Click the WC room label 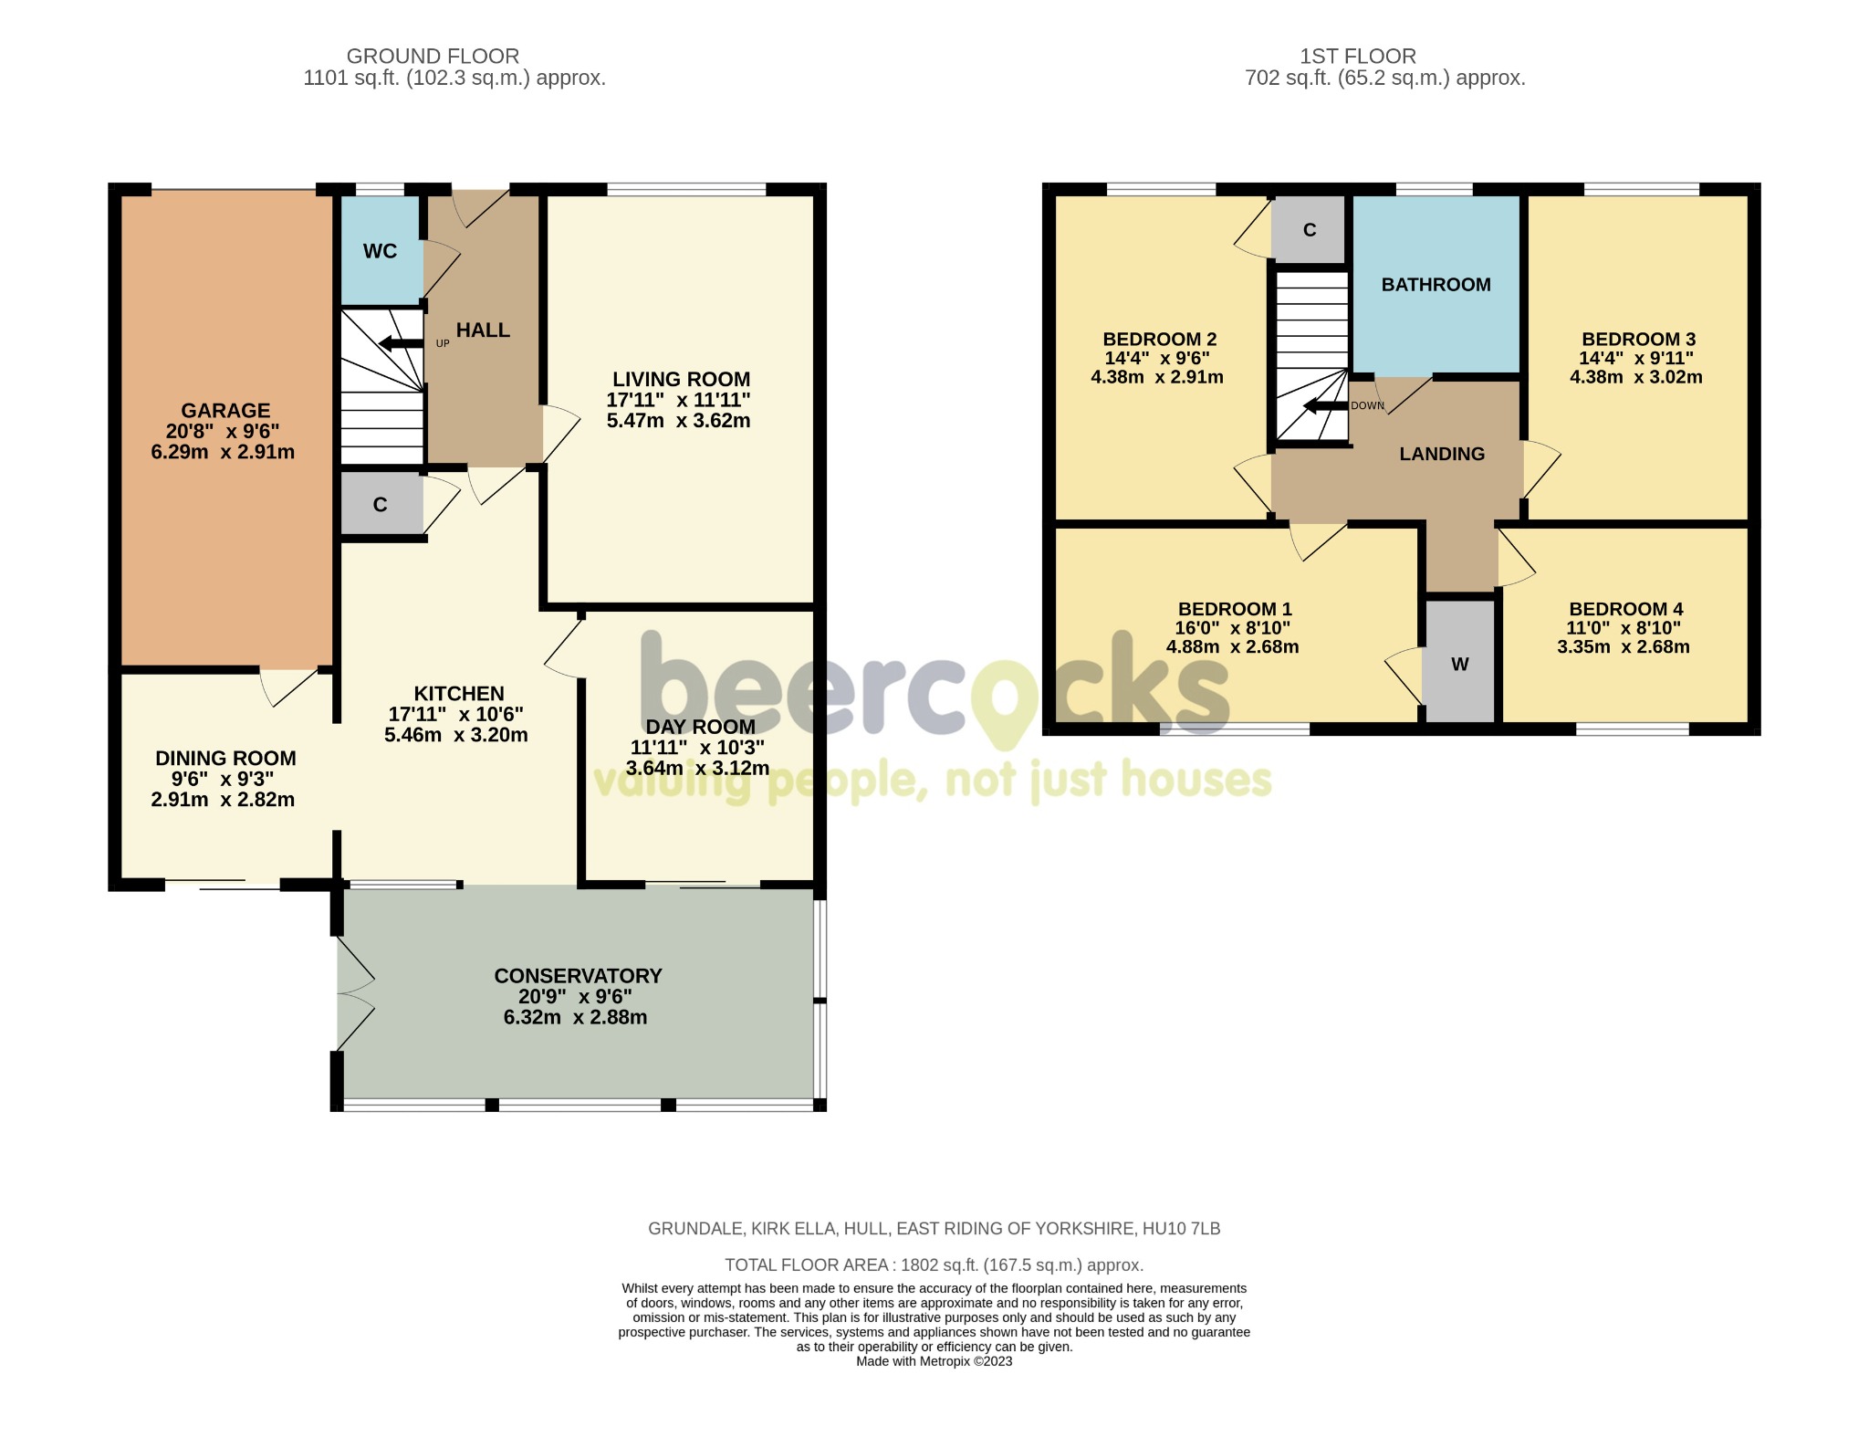click(x=380, y=251)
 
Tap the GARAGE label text click(x=225, y=411)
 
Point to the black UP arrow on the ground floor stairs click(x=401, y=343)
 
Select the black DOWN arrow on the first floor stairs click(x=1325, y=406)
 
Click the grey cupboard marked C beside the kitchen click(x=381, y=504)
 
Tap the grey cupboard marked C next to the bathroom click(x=1310, y=228)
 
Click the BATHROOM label click(x=1436, y=285)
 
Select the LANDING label click(x=1442, y=454)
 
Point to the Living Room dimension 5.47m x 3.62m click(x=679, y=421)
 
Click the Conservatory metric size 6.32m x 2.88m click(x=576, y=1017)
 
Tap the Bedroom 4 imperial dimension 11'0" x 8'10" click(x=1624, y=628)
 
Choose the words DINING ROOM click(x=225, y=759)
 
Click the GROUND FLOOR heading click(x=433, y=57)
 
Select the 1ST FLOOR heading click(x=1358, y=57)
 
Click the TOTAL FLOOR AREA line click(x=934, y=1265)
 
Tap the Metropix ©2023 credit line click(x=934, y=1361)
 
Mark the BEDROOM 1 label click(x=1235, y=609)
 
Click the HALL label click(x=483, y=330)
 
